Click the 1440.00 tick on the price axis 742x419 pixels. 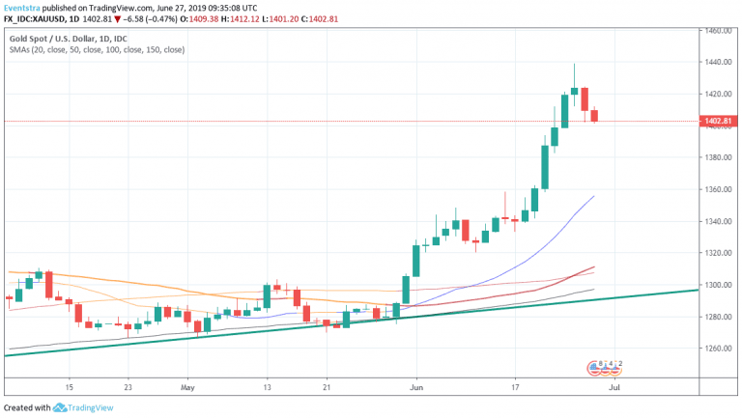tap(717, 63)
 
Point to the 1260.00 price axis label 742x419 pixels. tap(717, 349)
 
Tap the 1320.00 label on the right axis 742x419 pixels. tap(717, 253)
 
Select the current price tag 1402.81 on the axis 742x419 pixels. tap(717, 122)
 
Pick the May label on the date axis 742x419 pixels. tap(188, 387)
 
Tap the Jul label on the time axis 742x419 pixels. tap(615, 387)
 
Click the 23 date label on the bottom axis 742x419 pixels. tap(128, 387)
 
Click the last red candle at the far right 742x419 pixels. tap(595, 115)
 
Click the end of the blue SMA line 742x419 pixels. tap(593, 196)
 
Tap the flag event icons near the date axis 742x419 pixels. tap(606, 367)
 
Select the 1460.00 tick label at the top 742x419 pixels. tap(717, 31)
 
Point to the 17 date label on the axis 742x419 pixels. tap(515, 387)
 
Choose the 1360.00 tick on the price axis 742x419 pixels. tap(717, 190)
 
